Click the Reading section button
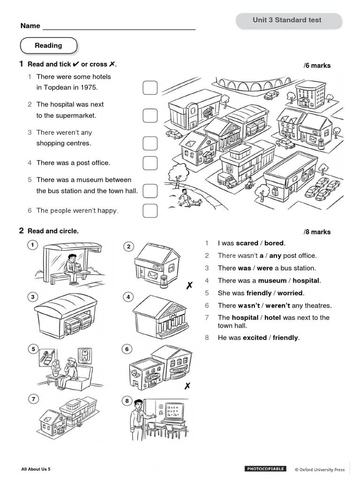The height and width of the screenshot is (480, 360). (48, 46)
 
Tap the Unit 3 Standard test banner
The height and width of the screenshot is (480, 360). (287, 20)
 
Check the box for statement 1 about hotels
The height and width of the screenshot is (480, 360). (150, 87)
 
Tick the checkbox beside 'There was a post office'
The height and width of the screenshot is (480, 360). (150, 163)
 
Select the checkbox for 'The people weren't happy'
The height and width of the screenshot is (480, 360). (150, 210)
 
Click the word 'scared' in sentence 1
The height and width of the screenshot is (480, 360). (247, 243)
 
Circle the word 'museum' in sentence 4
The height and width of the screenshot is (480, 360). (272, 281)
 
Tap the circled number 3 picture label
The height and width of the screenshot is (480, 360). (32, 297)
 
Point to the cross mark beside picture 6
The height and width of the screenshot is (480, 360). (187, 386)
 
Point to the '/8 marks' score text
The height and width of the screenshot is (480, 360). (317, 232)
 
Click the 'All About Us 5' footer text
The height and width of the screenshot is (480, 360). (36, 469)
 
